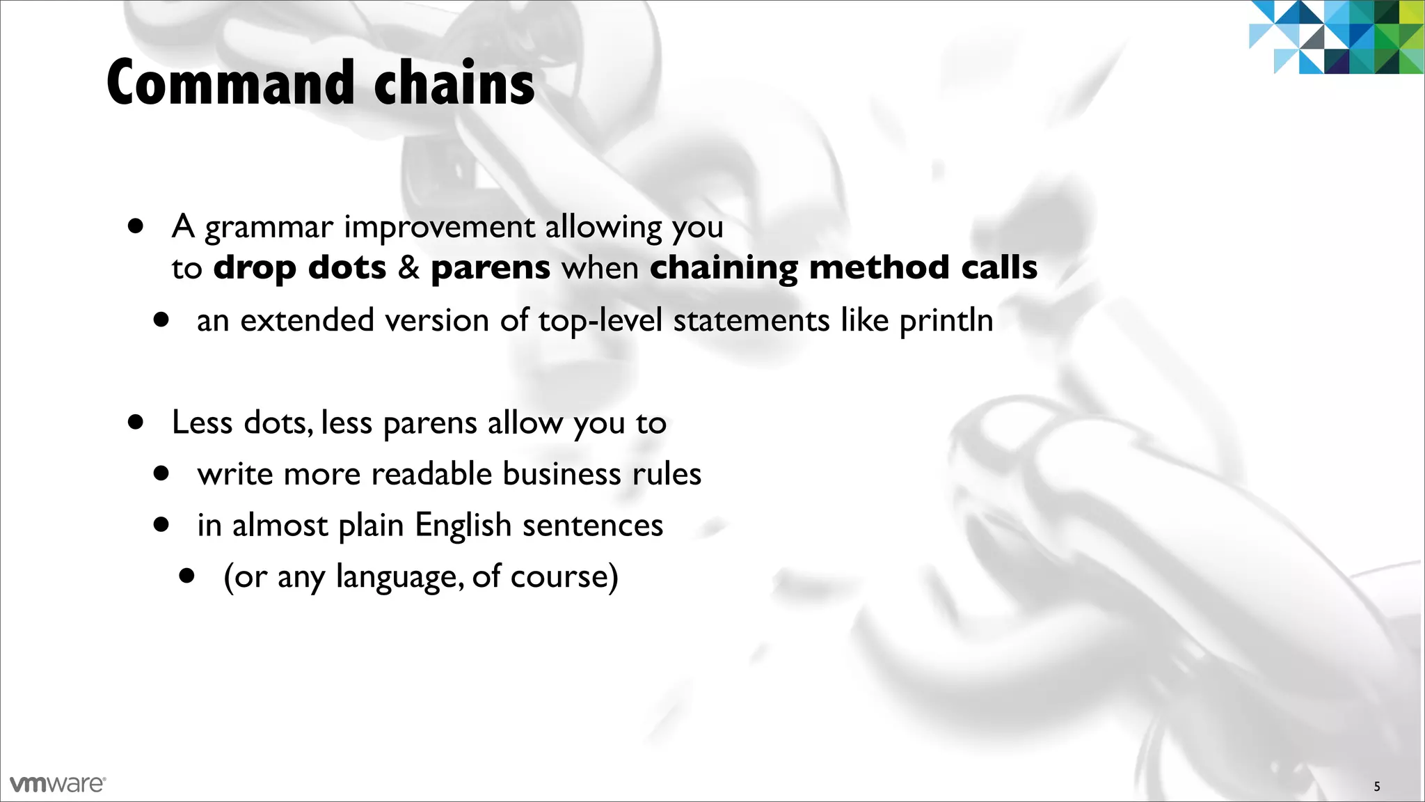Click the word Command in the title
point(230,83)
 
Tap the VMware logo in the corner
point(58,784)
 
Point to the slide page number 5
point(1376,787)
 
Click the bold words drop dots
point(299,268)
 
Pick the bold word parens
point(491,268)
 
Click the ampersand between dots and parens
point(408,268)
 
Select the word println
point(946,321)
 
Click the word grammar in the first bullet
point(269,228)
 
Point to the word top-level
point(600,321)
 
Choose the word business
point(562,474)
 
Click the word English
point(463,526)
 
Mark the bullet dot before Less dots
point(136,422)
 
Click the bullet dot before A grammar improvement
point(136,226)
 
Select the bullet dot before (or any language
point(186,576)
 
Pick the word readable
point(431,474)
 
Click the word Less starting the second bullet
point(202,423)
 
